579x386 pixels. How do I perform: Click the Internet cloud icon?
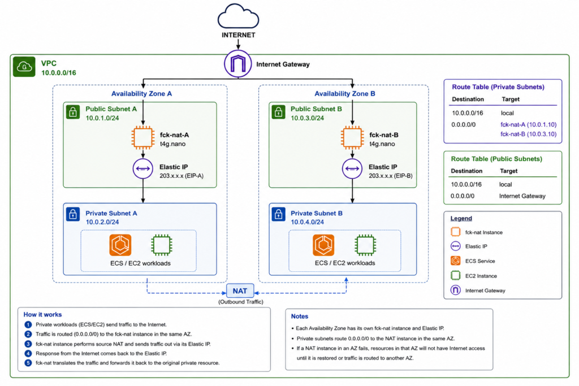(238, 16)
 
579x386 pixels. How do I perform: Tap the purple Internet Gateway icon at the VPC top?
(238, 64)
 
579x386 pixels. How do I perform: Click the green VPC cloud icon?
(24, 67)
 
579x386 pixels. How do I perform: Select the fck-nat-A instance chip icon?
(143, 138)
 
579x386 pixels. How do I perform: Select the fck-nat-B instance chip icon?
(352, 138)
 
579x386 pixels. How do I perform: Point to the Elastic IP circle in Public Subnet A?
(143, 168)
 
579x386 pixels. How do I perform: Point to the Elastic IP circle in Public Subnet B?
(352, 168)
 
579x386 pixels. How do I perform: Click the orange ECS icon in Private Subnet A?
(120, 245)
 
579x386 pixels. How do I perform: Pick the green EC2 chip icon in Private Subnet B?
(365, 245)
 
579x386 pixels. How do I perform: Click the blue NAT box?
(240, 291)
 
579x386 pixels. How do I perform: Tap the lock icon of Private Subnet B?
(278, 214)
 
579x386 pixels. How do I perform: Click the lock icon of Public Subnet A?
(73, 112)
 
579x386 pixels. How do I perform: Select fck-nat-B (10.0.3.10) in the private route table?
(529, 134)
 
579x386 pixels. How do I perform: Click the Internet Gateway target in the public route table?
(522, 196)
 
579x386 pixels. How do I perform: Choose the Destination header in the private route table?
(468, 99)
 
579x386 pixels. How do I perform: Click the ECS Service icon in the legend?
(456, 261)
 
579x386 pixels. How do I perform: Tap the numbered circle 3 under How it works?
(28, 344)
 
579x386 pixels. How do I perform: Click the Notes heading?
(300, 316)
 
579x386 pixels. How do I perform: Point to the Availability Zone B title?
(345, 94)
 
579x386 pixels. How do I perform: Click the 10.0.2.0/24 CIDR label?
(102, 222)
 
